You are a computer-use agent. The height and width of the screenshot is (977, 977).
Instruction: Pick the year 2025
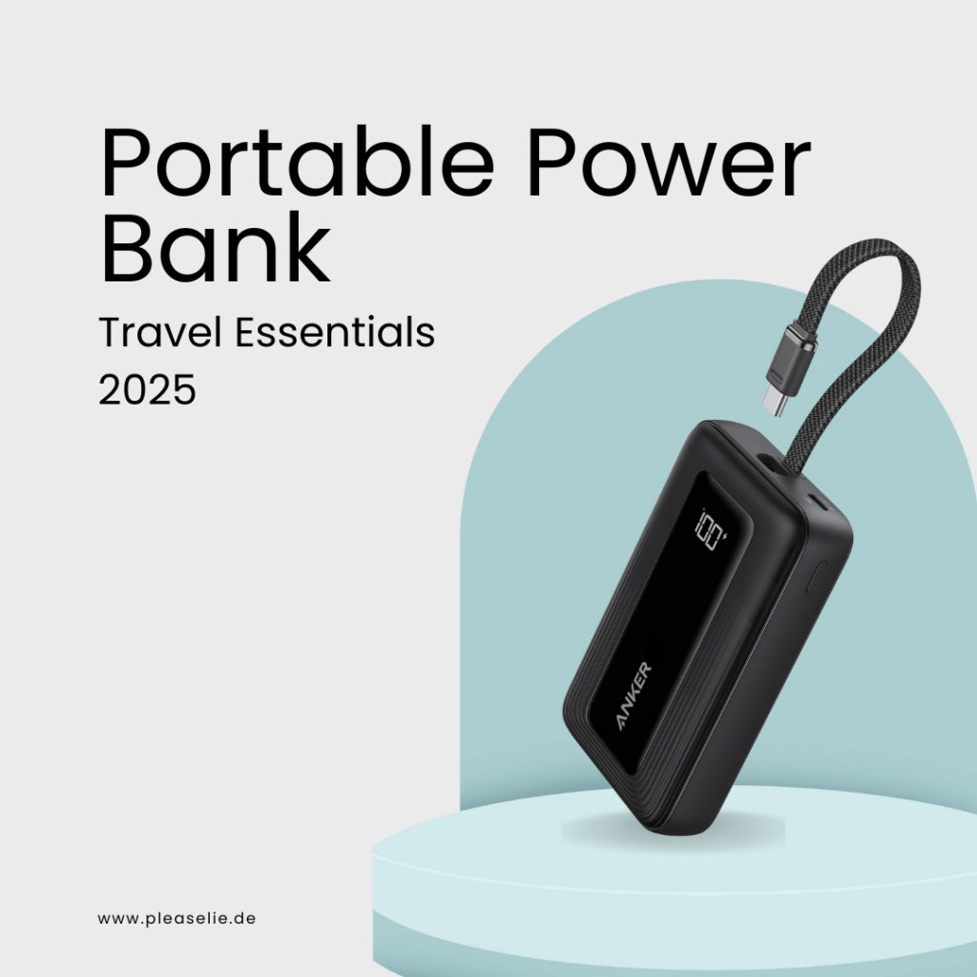[147, 389]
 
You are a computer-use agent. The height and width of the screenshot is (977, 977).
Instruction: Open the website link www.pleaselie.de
[177, 919]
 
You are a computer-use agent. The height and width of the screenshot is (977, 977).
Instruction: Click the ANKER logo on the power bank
[634, 696]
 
